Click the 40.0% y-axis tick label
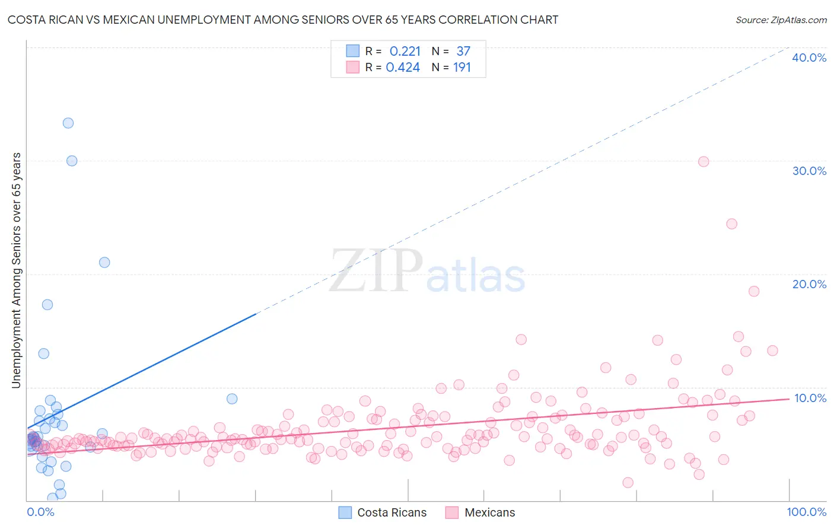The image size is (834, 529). coord(809,58)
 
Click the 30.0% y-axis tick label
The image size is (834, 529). coord(809,171)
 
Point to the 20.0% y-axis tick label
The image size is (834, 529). coord(809,284)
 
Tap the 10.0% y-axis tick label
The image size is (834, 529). coord(810,398)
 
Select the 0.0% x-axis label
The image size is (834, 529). coord(40,512)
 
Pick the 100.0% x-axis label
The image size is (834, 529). coord(806,512)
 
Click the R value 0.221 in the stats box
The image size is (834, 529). coord(405,52)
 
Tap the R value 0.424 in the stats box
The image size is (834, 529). coord(403,68)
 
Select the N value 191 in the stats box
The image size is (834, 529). coord(461,68)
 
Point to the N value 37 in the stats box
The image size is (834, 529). coord(463,52)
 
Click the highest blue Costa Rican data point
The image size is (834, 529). coord(68,123)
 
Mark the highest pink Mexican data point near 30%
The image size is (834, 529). coord(704,161)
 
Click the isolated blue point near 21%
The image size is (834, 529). coord(104,262)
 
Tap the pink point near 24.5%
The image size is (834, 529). coord(731,224)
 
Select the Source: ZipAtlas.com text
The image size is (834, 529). coord(781,20)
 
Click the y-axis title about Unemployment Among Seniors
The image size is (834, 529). coord(17,270)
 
